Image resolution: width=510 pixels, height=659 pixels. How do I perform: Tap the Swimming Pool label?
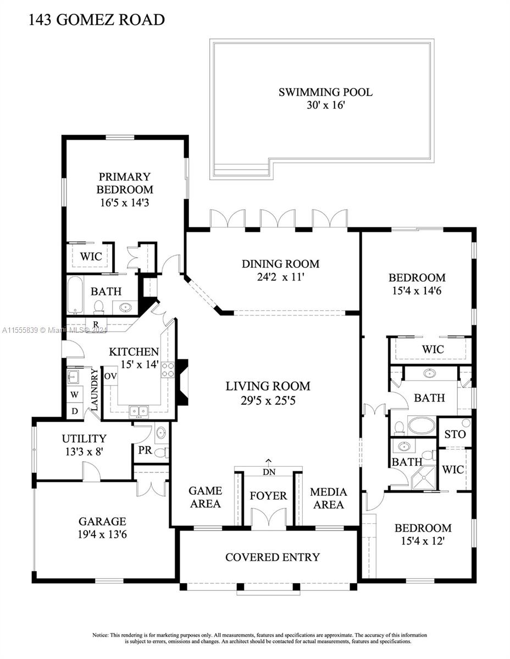click(325, 92)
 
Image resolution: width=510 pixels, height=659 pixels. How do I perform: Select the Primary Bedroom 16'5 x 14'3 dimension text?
click(125, 202)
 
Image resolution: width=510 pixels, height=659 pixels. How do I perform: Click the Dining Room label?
click(280, 264)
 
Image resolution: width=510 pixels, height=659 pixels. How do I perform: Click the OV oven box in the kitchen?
click(110, 376)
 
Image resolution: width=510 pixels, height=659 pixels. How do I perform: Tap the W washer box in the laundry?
click(74, 395)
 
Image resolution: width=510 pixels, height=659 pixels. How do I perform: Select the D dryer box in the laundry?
click(74, 410)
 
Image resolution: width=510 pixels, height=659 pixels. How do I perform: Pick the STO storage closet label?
click(454, 434)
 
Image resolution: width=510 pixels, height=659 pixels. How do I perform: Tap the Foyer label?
click(268, 496)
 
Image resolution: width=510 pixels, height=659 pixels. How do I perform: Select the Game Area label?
click(205, 497)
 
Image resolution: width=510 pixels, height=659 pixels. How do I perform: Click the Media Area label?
click(328, 498)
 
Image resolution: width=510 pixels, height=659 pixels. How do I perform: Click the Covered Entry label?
click(272, 557)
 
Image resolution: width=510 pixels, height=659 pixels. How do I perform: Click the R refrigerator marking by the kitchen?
click(95, 324)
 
